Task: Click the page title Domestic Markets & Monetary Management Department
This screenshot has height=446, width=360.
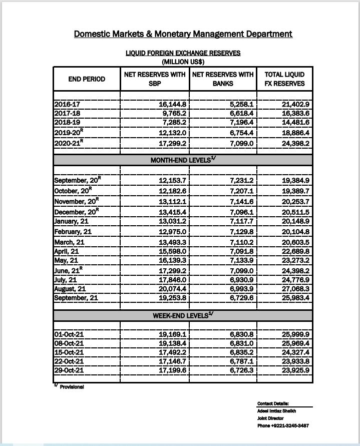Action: [183, 34]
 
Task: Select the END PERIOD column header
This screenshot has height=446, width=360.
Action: [87, 79]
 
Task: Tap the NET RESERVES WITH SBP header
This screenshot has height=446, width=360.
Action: [155, 79]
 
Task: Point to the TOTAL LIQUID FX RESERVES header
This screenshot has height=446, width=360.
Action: [285, 79]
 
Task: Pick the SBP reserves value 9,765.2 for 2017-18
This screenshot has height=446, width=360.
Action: [173, 114]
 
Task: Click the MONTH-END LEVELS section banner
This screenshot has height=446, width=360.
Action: [183, 160]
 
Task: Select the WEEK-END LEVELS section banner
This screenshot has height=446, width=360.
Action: [183, 316]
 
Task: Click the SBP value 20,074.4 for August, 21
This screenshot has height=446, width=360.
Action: [172, 289]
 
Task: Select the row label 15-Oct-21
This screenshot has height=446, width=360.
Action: [69, 353]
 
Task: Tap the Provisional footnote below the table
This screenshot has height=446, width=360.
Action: [71, 387]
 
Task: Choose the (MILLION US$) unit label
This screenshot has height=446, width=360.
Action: [183, 62]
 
